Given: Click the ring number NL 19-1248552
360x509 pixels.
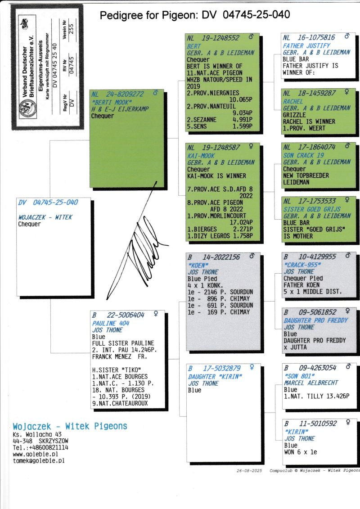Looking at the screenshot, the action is point(213,38).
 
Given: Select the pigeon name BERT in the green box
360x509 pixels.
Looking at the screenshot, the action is point(194,46).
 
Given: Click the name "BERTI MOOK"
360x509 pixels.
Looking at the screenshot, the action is point(111,102).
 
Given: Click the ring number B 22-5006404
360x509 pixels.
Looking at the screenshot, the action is point(118,315).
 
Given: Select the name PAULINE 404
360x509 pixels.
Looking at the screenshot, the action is point(111,323).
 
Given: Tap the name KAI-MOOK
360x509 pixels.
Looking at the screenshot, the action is point(201,156).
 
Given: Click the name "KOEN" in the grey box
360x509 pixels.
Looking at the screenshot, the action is point(198,265).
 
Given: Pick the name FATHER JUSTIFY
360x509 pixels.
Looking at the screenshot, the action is point(306,46).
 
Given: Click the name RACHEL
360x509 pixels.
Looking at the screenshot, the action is point(293,101).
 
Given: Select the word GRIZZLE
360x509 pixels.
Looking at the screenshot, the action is point(294,115).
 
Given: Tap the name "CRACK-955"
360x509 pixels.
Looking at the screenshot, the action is point(302,265).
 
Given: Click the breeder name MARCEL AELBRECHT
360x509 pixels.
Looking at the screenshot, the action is point(311,383).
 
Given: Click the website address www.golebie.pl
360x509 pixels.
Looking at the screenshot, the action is point(36,454).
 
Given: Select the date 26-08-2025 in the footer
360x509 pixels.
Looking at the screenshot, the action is point(249,471).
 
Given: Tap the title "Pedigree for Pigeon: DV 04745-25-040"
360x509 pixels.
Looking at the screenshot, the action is point(195,15).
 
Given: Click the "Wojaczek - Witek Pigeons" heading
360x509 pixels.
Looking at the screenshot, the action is point(70,426).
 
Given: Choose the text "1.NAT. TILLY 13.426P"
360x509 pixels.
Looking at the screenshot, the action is point(316,396).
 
